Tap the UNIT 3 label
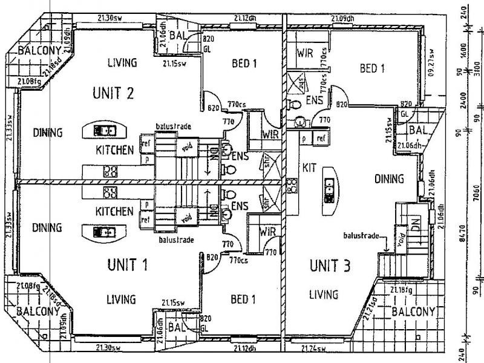click(330, 266)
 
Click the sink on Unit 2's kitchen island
click(105, 129)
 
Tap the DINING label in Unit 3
click(389, 178)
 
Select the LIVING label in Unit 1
click(121, 299)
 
